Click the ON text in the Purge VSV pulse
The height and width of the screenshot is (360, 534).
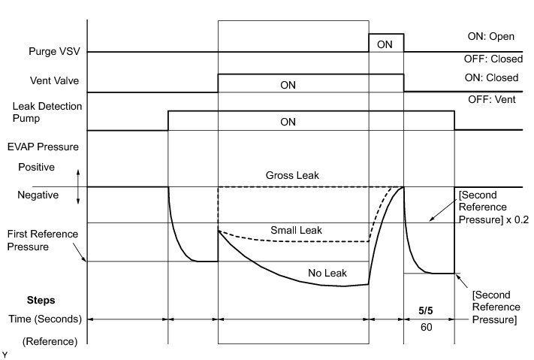coord(385,44)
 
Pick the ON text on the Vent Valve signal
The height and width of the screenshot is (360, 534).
coord(288,85)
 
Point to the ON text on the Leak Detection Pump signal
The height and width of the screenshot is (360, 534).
coord(288,122)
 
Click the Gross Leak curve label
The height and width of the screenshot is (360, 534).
coord(292,175)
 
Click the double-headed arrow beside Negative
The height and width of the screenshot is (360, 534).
coord(77,187)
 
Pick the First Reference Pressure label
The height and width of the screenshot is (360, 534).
coord(43,240)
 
